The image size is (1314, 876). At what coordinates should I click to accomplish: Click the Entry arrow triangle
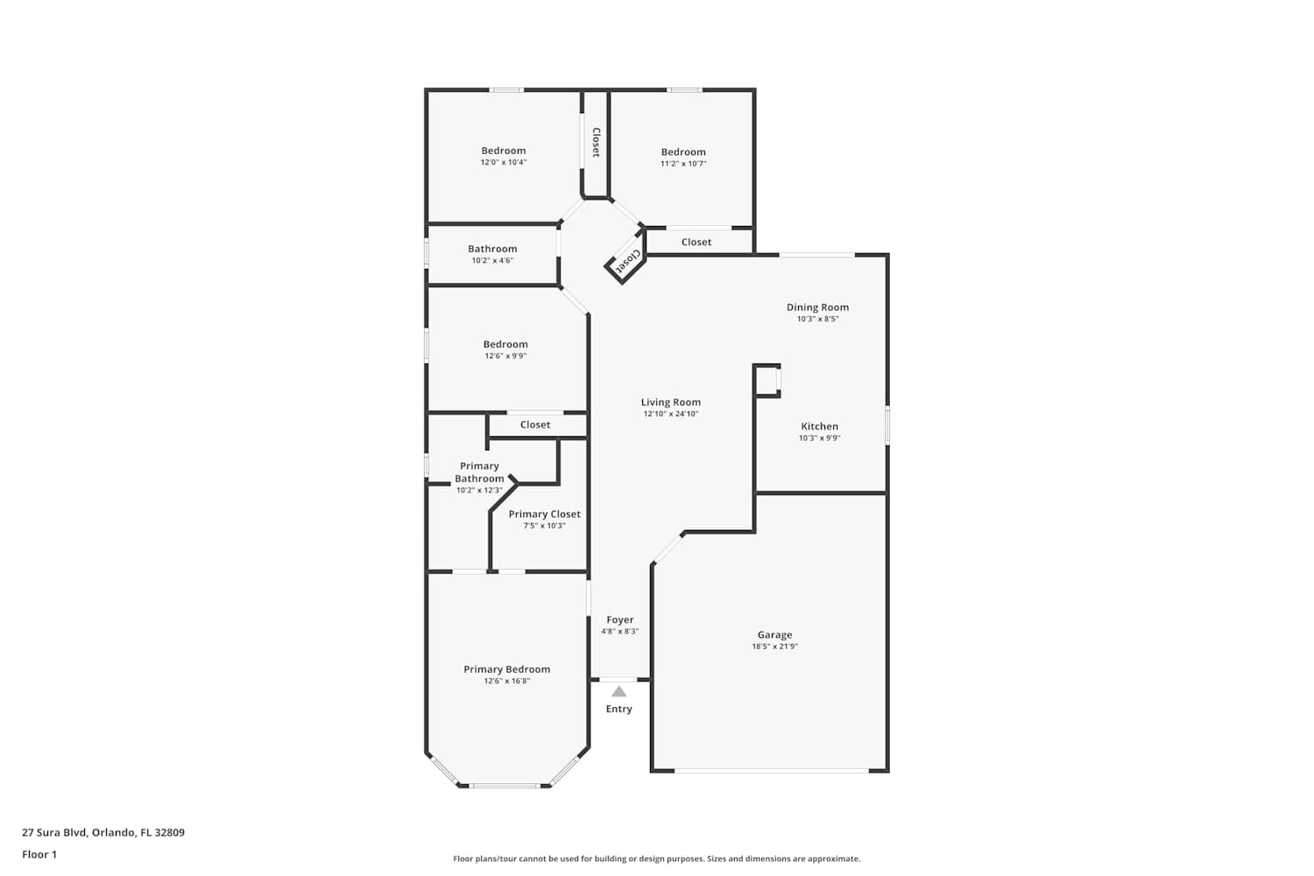coord(618,692)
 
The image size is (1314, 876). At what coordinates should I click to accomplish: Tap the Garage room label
coord(774,635)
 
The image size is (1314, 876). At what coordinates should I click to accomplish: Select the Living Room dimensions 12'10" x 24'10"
coord(670,413)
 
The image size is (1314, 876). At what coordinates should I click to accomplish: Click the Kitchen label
coord(819,427)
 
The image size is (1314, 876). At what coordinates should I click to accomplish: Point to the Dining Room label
coord(817,307)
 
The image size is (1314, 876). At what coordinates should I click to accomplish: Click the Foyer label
coord(620,620)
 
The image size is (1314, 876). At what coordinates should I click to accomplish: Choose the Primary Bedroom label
coord(507,669)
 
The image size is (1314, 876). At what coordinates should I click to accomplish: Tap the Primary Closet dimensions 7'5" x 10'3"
coord(544,526)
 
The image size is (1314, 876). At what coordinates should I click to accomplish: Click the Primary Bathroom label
coord(479,472)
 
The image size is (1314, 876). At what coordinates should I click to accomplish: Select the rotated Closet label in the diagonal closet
coord(626,261)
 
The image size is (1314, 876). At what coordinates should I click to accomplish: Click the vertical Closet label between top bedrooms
coord(596,143)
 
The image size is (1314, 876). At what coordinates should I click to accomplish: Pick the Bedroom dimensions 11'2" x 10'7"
coord(683,164)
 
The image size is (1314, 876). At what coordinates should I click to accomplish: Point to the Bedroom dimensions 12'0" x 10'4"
coord(504,163)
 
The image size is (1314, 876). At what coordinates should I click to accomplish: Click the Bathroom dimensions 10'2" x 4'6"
coord(492,260)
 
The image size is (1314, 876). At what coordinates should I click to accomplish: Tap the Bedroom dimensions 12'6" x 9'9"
coord(505,357)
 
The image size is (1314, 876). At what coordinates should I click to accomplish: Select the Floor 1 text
coord(39,855)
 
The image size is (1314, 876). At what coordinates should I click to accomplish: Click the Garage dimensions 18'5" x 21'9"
coord(774,646)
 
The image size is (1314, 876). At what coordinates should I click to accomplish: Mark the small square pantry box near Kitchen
coord(766,381)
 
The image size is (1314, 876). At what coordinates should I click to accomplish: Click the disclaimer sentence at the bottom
coord(656,859)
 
